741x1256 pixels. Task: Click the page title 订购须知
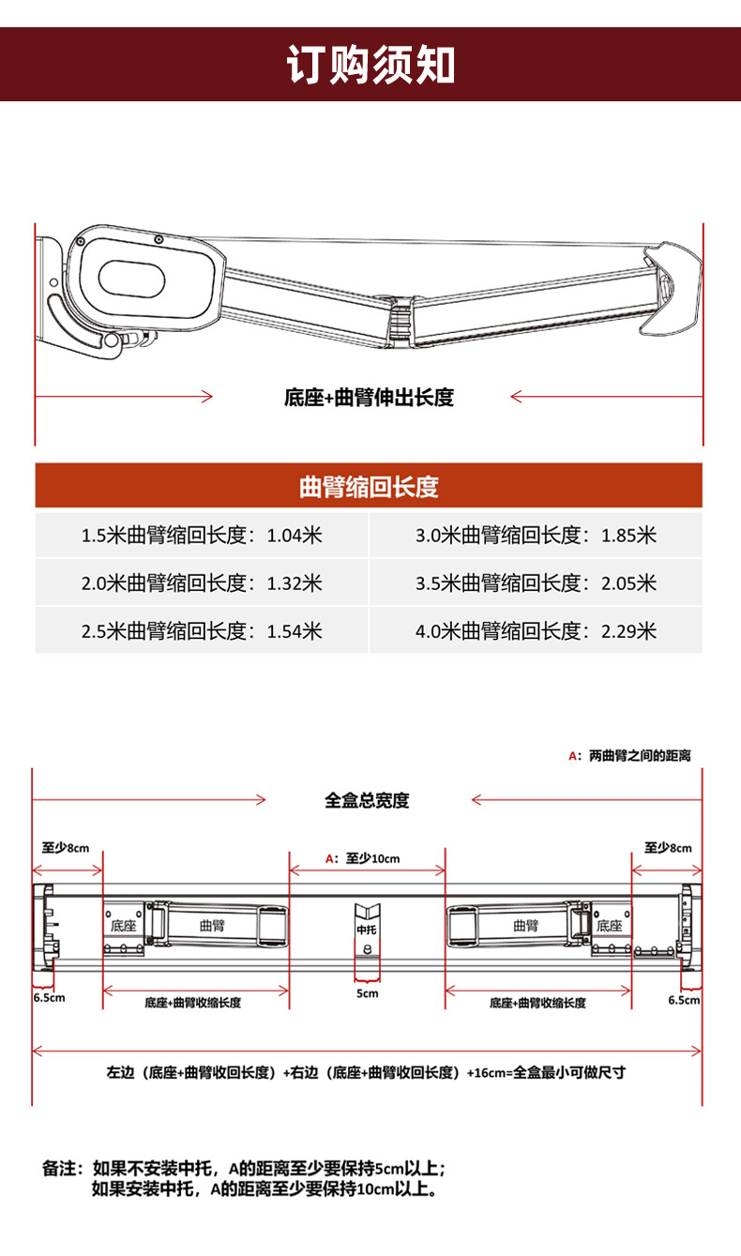click(370, 64)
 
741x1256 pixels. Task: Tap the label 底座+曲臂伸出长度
click(369, 398)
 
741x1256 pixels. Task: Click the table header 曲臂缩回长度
click(369, 487)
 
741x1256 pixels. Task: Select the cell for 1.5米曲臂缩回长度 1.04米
click(202, 536)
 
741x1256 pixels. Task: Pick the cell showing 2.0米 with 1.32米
click(202, 583)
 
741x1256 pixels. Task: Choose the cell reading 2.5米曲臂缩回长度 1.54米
click(202, 630)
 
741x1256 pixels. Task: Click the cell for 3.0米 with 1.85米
click(536, 536)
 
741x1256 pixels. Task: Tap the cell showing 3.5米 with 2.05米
click(536, 583)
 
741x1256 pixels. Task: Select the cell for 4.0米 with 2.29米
click(536, 630)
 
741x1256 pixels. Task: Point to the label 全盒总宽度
click(368, 801)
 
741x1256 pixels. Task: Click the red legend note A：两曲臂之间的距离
click(629, 755)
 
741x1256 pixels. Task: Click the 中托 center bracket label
click(367, 931)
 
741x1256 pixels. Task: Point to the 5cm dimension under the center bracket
click(367, 993)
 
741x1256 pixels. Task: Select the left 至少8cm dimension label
click(66, 848)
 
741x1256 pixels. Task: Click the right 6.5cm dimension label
click(684, 1000)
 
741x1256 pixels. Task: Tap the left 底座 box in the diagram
click(123, 925)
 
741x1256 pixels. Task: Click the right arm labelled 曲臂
click(526, 926)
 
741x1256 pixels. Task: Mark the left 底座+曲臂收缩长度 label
click(193, 1003)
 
